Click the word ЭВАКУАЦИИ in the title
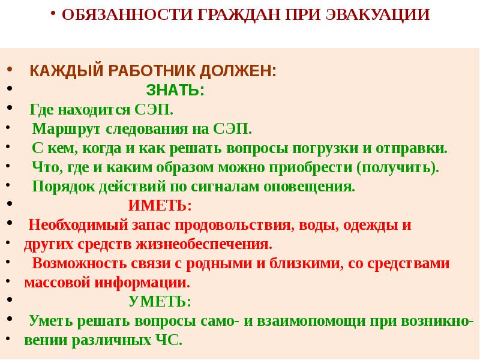coord(378,14)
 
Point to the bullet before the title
coord(53,13)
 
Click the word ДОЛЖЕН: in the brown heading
coord(238,71)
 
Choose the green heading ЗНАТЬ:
coord(175,91)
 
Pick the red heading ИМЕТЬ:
coord(160,205)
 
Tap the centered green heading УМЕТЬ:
coord(160,301)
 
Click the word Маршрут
coord(67,129)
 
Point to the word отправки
coord(412,148)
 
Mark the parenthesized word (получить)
coord(398,168)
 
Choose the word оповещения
coord(309,187)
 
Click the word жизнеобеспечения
coord(204,244)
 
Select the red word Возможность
coord(79,263)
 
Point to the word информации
coord(142,283)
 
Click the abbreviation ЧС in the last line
coord(169,340)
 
